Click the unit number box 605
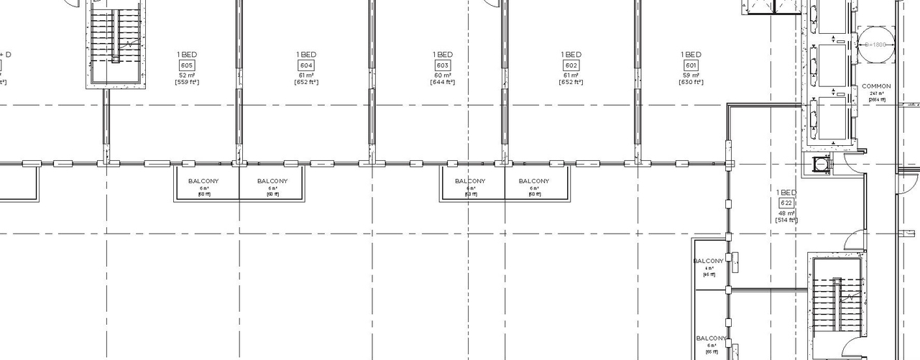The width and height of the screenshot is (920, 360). coord(187,65)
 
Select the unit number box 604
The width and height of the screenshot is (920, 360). coord(306,65)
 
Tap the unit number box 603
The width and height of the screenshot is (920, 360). coord(443,65)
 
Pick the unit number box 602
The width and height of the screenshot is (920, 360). coord(571,65)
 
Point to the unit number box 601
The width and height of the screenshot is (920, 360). coord(691,65)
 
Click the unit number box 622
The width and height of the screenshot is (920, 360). coord(786,203)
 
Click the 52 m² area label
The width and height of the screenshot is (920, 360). coord(187,75)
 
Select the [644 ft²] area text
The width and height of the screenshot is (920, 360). coord(443,82)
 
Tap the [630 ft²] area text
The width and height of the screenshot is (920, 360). coord(691,82)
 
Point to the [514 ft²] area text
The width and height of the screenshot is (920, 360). coord(786,220)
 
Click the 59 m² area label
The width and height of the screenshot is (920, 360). coord(691,75)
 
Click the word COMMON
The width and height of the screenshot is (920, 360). coord(876,86)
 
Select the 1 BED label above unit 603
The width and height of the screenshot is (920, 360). coord(443,55)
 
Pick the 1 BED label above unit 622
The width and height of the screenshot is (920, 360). coord(786,193)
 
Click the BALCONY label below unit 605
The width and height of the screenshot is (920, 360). coord(203,181)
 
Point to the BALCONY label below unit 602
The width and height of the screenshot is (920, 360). coord(534,181)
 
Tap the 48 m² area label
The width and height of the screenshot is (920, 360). coord(786,213)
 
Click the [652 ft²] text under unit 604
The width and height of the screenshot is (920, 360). coord(306,82)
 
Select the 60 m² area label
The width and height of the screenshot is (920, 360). coord(443,75)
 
